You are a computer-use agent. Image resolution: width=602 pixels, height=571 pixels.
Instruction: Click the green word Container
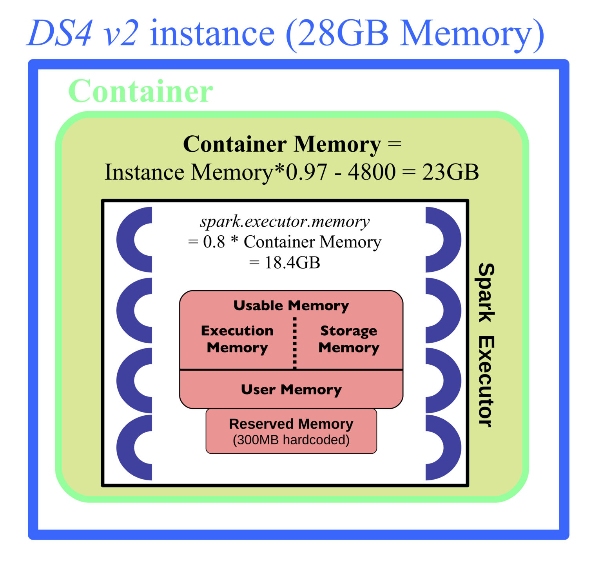point(141,91)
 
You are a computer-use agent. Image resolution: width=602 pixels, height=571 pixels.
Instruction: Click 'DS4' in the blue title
point(60,33)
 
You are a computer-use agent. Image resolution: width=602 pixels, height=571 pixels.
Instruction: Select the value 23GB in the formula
point(450,172)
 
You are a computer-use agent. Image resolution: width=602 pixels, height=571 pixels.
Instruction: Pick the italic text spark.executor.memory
point(285,222)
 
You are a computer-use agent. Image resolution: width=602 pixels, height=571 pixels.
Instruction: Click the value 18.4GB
point(292,262)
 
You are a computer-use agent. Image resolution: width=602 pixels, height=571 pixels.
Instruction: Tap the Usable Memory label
point(291,306)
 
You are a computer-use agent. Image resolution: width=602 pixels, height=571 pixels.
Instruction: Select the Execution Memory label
point(237,339)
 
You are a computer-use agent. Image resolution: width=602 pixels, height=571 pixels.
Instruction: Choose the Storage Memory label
point(349,339)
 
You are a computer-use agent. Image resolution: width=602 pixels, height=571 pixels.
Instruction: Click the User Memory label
point(291,389)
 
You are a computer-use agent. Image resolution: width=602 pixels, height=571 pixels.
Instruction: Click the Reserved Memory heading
point(291,424)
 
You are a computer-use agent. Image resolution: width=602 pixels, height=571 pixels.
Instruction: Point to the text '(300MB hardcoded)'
point(291,440)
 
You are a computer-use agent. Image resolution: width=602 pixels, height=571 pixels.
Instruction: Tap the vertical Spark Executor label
point(486,345)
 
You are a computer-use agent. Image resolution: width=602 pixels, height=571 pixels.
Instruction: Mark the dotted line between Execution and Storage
point(295,344)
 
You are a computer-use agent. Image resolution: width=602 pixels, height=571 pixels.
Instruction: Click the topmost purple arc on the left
point(129,240)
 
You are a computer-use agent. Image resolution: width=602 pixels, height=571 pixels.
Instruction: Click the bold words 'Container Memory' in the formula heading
point(282,144)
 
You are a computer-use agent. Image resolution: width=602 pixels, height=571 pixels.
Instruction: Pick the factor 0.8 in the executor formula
point(214,242)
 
